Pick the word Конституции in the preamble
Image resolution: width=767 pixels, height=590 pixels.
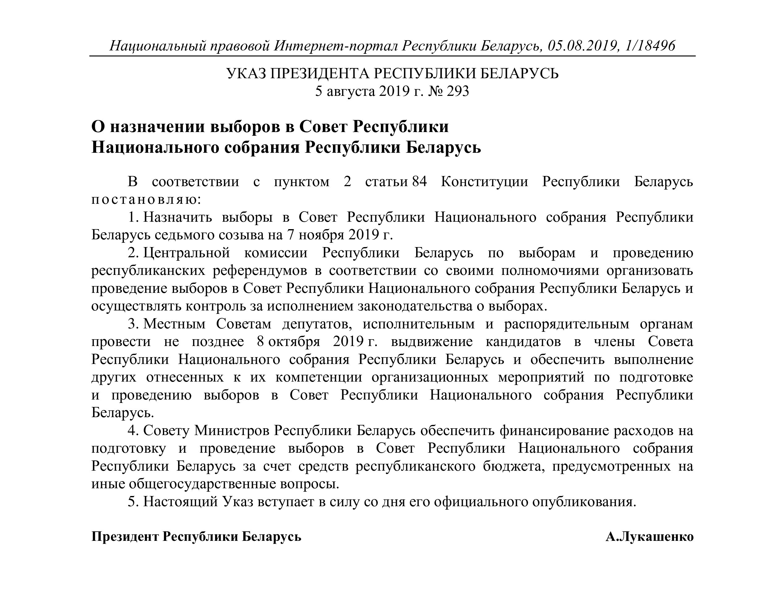tap(484, 182)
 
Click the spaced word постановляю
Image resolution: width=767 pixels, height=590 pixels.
tap(146, 199)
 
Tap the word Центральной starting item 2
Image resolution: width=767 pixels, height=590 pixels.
tap(186, 253)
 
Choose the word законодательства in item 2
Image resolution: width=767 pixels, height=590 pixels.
tap(415, 306)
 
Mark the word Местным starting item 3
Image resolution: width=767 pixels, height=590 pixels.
tap(174, 324)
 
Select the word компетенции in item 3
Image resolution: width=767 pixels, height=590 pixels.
tap(318, 377)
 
